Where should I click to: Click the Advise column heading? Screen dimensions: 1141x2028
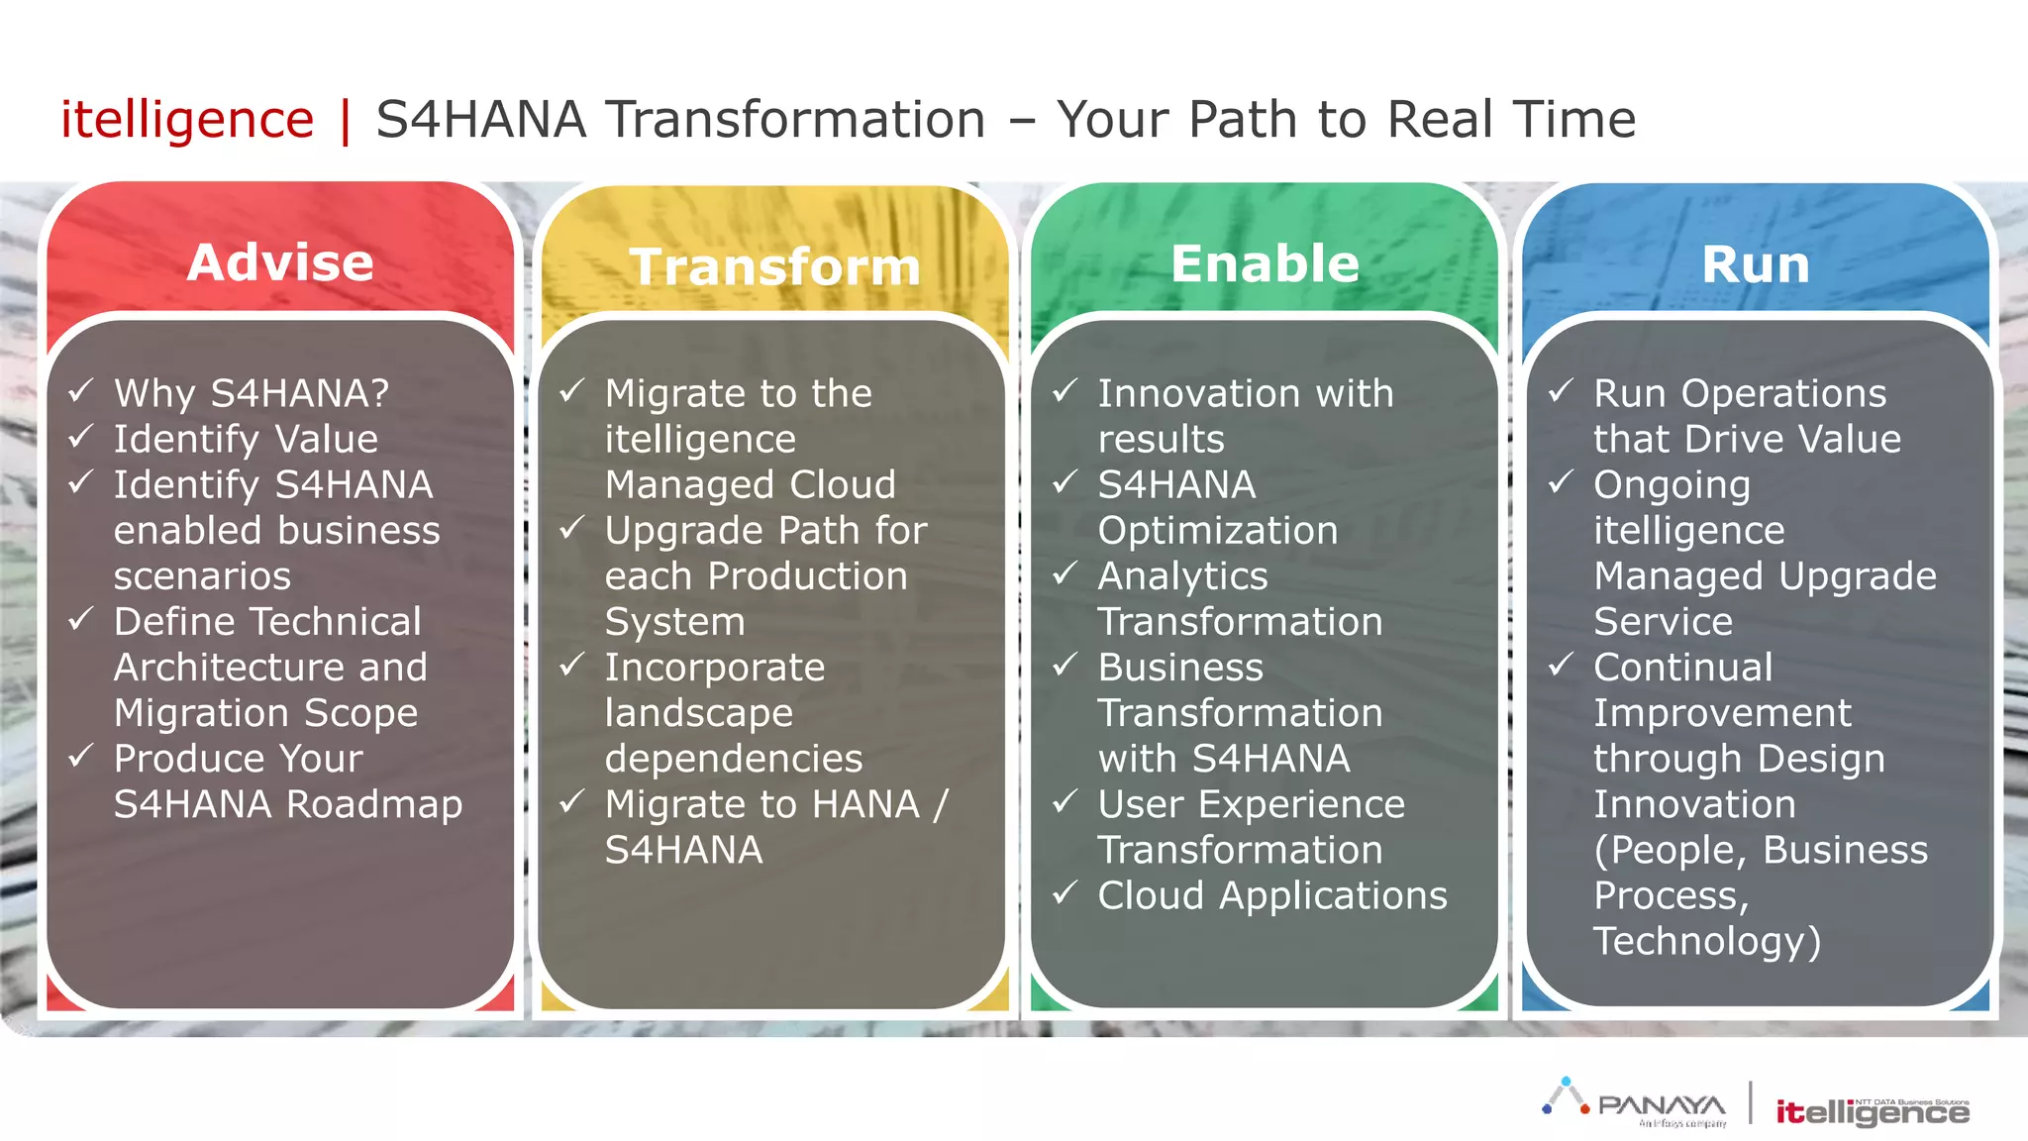[x=280, y=262]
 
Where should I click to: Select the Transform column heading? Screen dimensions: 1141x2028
[x=774, y=267]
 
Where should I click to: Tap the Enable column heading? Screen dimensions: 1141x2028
[x=1265, y=263]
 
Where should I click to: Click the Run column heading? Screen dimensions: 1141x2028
[x=1755, y=265]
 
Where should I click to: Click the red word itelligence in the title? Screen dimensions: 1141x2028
[x=187, y=120]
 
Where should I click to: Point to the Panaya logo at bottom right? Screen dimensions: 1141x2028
[x=1635, y=1102]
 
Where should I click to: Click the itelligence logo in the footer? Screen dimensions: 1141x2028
[x=1872, y=1111]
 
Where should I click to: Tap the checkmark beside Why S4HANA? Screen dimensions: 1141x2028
[x=81, y=390]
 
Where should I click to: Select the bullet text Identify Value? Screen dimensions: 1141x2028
[x=246, y=439]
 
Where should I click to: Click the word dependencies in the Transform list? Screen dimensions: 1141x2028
[x=734, y=759]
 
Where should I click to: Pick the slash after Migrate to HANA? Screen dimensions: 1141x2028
[x=940, y=804]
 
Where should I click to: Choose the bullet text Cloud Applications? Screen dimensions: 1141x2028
[x=1271, y=895]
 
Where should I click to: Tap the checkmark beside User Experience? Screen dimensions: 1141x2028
[x=1065, y=801]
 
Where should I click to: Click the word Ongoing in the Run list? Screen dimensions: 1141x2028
[x=1672, y=485]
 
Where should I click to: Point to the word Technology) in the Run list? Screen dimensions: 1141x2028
[x=1706, y=941]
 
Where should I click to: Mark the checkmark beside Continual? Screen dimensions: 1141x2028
[x=1561, y=665]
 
